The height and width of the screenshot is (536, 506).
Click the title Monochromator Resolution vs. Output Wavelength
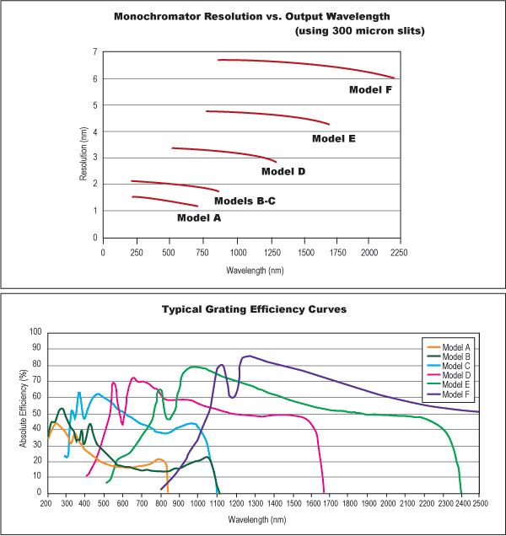tap(253, 17)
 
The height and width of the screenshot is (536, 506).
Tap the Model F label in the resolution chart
tap(370, 88)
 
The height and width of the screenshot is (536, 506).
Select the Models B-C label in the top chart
tap(245, 201)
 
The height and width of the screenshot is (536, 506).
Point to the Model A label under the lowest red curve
tap(199, 217)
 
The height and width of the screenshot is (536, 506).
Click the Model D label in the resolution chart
tap(283, 171)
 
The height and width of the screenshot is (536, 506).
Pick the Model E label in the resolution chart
tap(333, 138)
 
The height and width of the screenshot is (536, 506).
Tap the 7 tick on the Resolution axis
tap(94, 52)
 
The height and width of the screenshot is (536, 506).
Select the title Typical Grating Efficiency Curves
tap(252, 309)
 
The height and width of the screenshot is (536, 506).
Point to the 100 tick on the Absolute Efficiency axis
tap(35, 332)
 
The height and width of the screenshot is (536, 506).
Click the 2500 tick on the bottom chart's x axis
tap(479, 504)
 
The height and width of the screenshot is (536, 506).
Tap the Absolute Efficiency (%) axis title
tap(24, 412)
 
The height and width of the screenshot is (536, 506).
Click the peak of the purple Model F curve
tap(248, 356)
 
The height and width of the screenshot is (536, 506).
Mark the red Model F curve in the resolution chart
tap(304, 63)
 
